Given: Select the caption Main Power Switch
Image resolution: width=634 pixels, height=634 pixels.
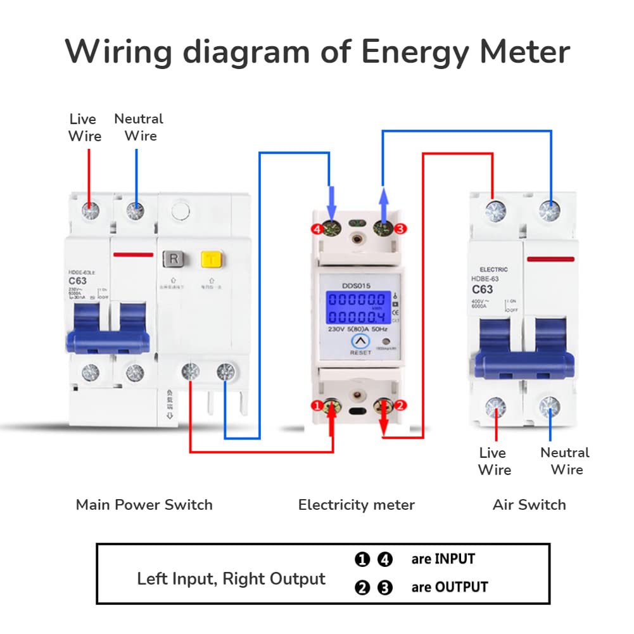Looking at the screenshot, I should (x=144, y=505).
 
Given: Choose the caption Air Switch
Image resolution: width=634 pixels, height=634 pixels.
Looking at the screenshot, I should (x=529, y=505).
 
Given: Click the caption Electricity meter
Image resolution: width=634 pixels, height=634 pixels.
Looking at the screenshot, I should (x=357, y=505).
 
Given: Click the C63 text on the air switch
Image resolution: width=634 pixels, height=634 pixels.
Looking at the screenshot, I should (x=483, y=289).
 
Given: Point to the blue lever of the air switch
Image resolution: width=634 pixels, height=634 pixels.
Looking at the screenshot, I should (x=524, y=361).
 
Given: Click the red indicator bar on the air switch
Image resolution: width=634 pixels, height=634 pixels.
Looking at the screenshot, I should (x=550, y=259).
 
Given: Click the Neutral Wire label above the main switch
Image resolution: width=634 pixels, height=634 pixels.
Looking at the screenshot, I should (x=139, y=127).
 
